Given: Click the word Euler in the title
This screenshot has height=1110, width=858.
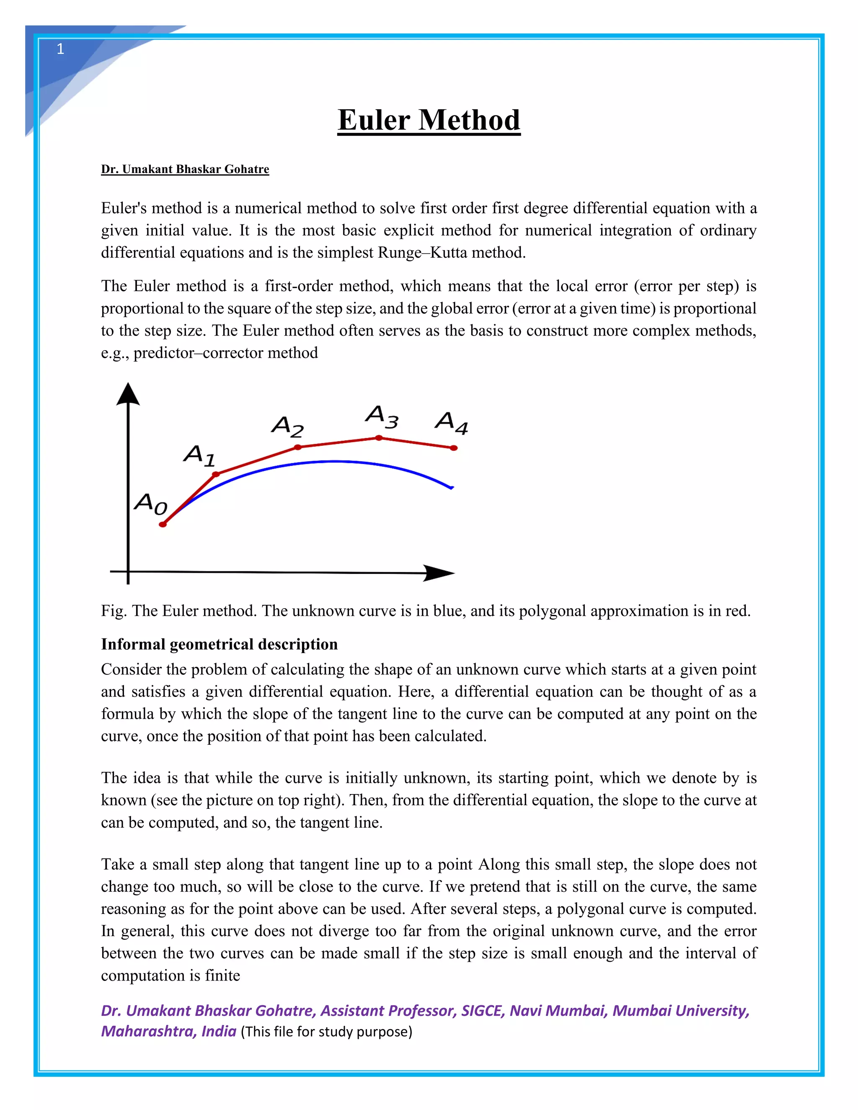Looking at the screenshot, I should (374, 121).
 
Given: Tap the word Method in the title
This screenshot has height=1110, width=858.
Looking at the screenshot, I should (469, 121).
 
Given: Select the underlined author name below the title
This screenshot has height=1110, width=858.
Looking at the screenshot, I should (185, 169).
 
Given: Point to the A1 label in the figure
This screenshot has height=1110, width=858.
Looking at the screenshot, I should (200, 455).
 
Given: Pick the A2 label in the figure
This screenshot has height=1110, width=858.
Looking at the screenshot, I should (287, 426).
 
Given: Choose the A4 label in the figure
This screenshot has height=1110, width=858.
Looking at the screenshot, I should (451, 423).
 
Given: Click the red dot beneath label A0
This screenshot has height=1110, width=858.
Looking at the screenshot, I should (163, 524).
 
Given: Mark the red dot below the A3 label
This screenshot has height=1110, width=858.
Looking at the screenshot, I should (379, 438).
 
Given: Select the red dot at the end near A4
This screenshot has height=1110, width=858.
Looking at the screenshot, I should (454, 448).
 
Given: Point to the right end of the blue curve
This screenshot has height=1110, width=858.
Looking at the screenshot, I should (451, 488).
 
